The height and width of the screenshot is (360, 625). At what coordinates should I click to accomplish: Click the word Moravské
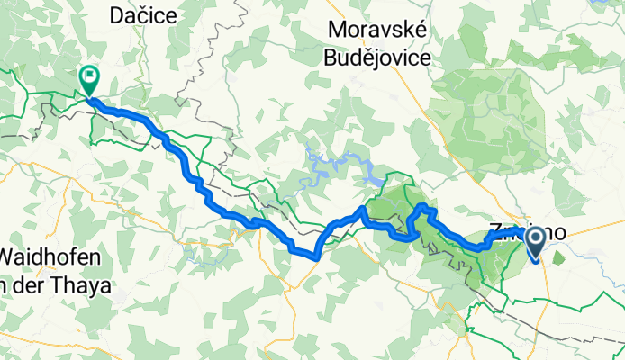click(x=377, y=29)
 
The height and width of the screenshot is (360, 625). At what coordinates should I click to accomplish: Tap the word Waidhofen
click(x=53, y=260)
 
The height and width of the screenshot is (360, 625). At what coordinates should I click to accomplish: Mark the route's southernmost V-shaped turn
click(x=316, y=256)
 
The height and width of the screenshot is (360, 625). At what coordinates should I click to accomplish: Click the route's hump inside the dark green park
click(x=424, y=211)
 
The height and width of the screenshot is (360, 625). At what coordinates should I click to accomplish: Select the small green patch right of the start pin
click(x=559, y=258)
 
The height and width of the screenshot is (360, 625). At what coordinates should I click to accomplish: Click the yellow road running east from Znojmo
click(x=594, y=229)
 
